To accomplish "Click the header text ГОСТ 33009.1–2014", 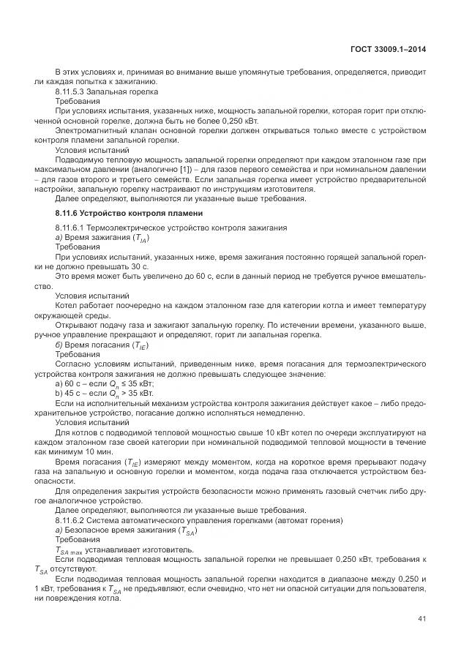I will pos(388,49).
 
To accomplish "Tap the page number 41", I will pos(422,619).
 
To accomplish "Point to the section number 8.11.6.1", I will pos(71,228).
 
